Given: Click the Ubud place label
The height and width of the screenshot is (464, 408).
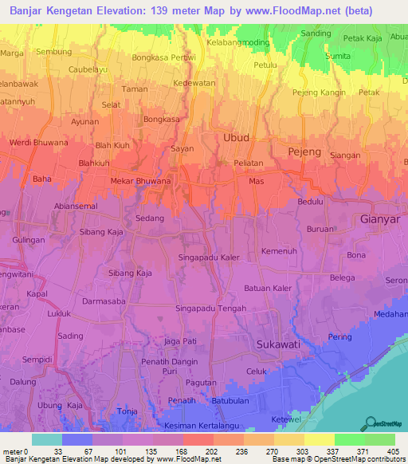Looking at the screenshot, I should [x=236, y=138].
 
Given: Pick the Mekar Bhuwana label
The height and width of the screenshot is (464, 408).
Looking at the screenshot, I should [x=139, y=181].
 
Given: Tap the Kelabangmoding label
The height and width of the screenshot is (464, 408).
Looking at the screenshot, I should [x=238, y=41].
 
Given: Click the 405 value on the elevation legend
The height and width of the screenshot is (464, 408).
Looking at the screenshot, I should [x=392, y=450].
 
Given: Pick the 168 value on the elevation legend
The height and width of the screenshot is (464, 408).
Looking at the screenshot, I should [x=181, y=450].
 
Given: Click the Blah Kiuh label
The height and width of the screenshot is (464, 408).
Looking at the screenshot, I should [x=113, y=146].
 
